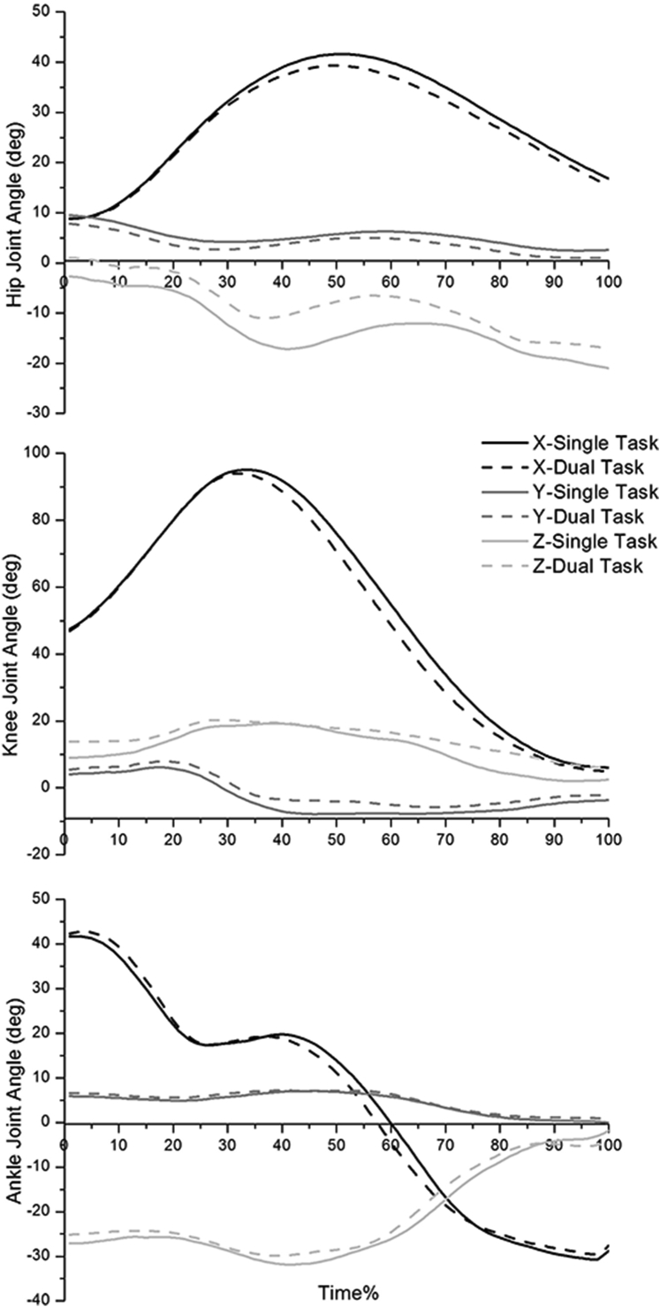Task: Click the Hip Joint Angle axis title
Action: tap(15, 213)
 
